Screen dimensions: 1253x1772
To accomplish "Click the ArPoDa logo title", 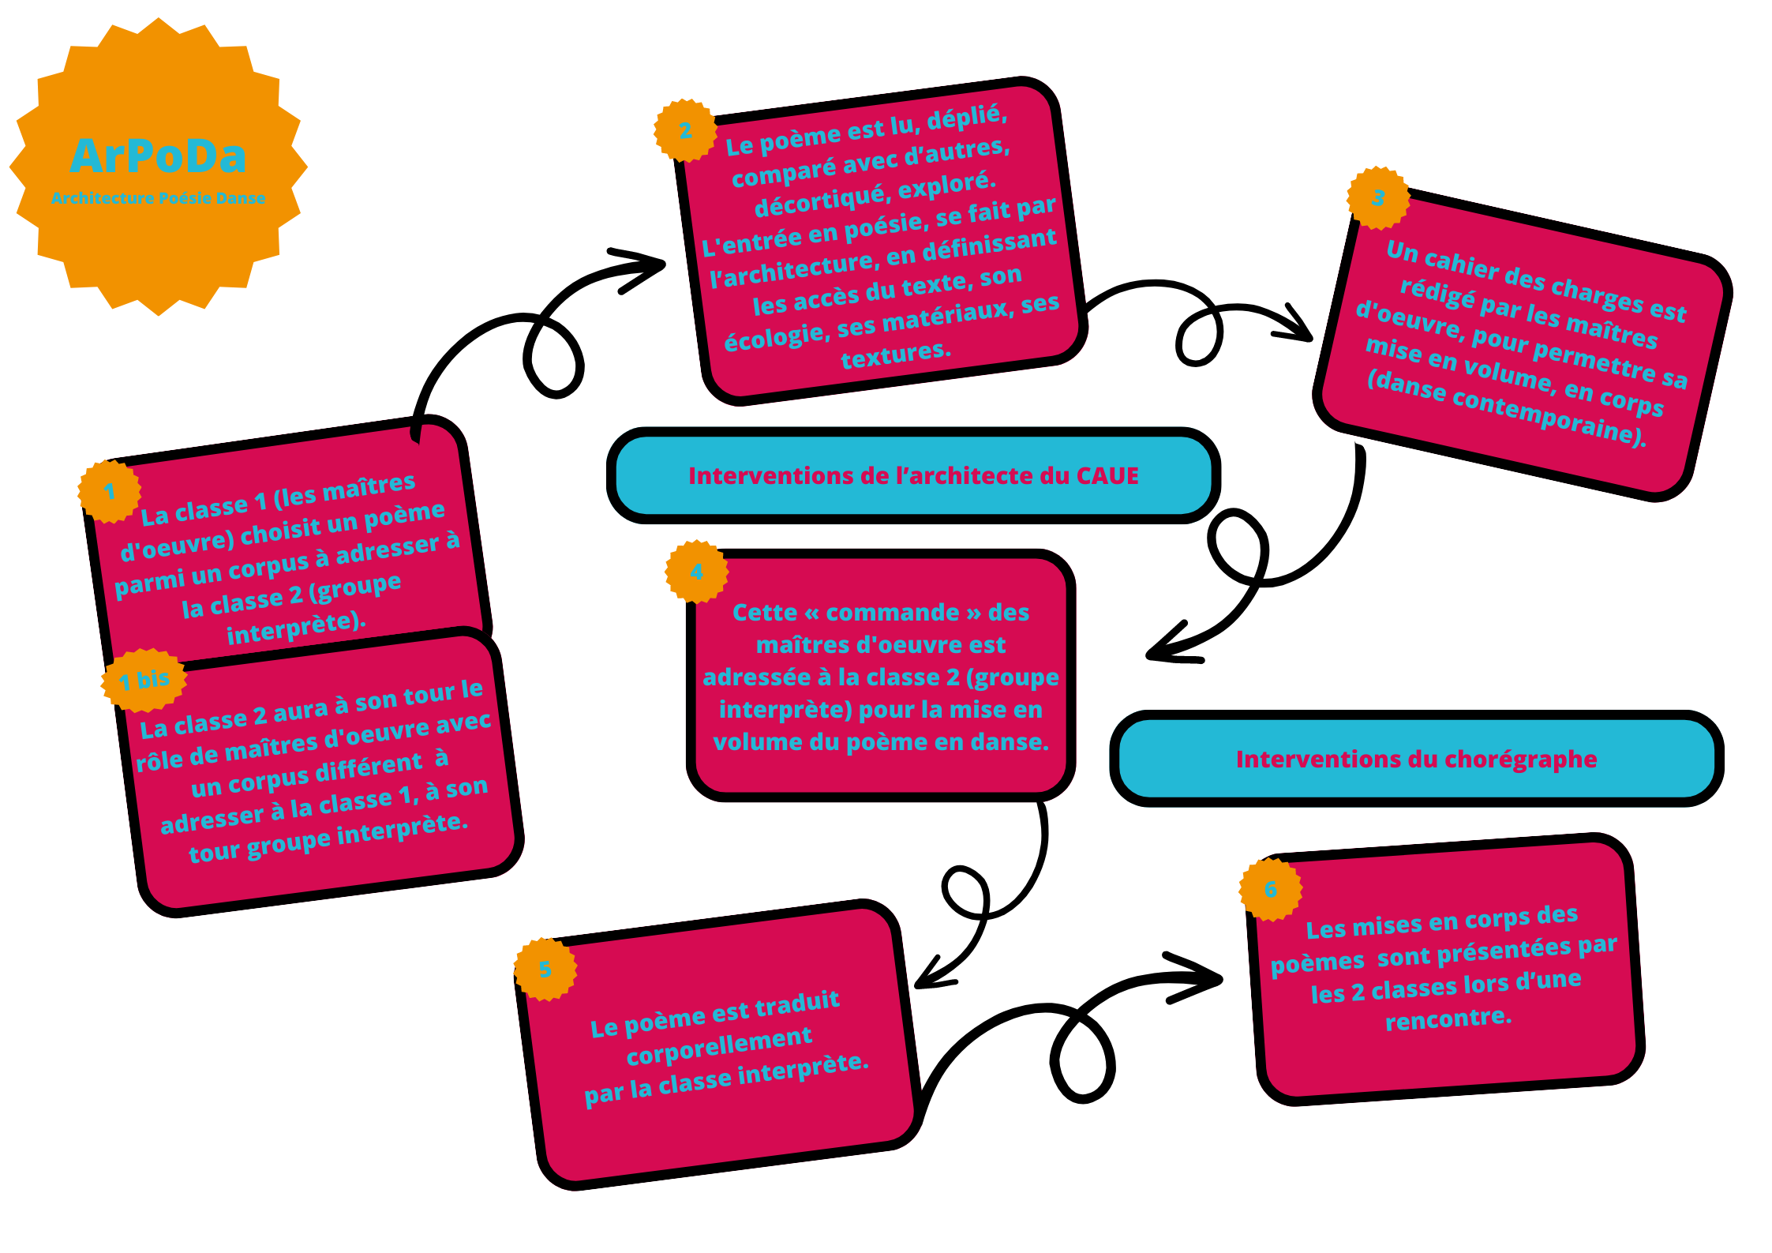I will point(158,156).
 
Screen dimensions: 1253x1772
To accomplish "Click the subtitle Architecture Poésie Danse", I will point(158,198).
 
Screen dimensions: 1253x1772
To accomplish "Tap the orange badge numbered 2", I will point(685,130).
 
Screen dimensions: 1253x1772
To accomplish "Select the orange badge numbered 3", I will point(1378,197).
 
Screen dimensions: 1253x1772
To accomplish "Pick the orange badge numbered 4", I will point(696,572).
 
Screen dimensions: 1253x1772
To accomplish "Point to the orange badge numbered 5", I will point(545,969).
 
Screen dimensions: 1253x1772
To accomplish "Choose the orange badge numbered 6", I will point(1271,889).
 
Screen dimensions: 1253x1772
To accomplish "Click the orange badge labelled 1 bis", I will point(144,680).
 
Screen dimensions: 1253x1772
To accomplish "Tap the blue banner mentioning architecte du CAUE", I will point(913,475).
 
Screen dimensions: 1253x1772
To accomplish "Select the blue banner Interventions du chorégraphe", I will point(1416,759).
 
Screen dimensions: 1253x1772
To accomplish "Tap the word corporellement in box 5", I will point(719,1045).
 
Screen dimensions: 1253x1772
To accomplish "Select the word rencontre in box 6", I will point(1448,1019).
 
